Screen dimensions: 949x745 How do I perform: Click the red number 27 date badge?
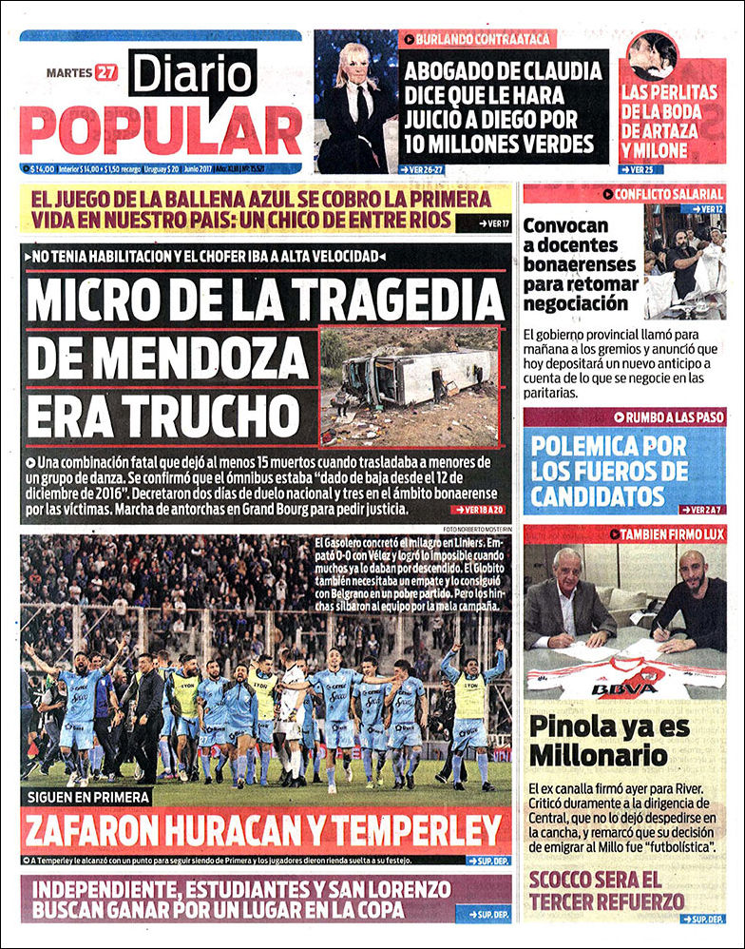pos(105,72)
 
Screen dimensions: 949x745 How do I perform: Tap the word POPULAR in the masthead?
pos(161,130)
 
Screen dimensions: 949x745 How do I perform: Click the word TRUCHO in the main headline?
pos(163,415)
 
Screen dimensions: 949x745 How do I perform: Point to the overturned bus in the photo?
pos(418,377)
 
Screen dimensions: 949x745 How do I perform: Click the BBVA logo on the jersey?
pos(623,688)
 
